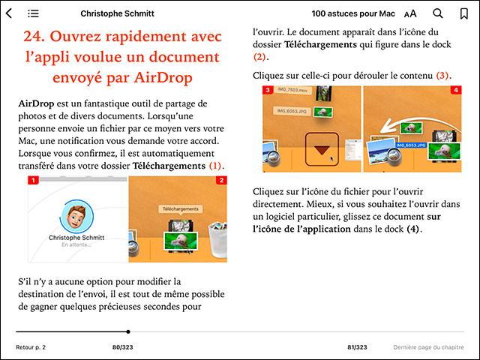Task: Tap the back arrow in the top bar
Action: coord(9,13)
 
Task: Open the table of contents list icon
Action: coord(33,13)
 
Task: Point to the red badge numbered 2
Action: coord(221,181)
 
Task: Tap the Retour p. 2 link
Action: coord(31,347)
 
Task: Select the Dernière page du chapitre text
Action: coord(428,347)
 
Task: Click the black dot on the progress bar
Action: coord(128,331)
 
